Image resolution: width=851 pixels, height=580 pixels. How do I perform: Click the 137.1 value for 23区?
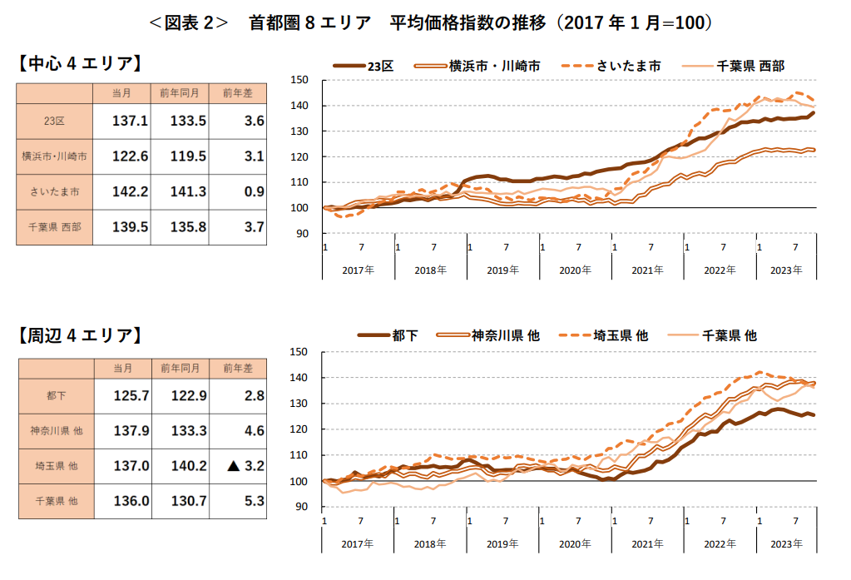coord(130,121)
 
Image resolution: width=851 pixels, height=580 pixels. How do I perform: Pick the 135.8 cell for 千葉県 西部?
coord(188,226)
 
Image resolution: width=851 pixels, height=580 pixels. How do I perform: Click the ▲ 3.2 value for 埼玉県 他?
coord(245,466)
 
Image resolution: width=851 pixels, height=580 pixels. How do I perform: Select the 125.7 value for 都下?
coord(130,394)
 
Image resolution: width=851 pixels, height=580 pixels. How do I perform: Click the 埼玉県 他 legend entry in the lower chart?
coord(621,335)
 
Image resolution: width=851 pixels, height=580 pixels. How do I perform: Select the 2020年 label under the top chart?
coord(575,270)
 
